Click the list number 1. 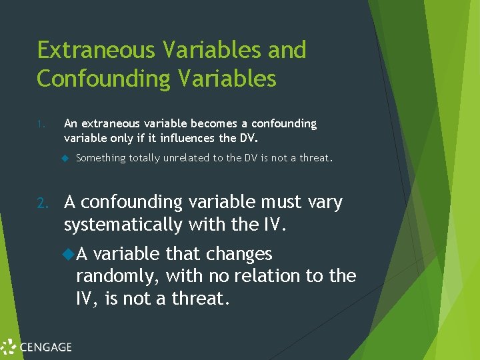(x=41, y=124)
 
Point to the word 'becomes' (x=212, y=124)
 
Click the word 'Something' (x=101, y=158)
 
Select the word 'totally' (x=145, y=158)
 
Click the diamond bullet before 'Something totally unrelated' (x=66, y=158)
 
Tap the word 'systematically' (x=123, y=225)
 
